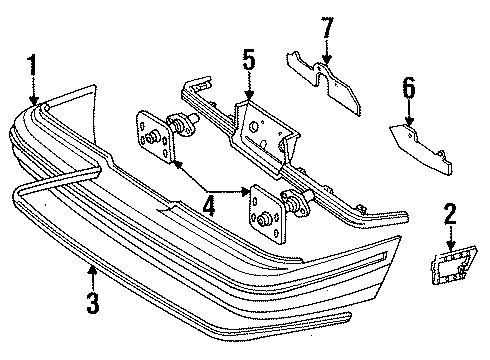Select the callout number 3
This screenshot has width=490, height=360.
[92, 301]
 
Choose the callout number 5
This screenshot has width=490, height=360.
[248, 62]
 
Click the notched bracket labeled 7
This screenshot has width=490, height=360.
[325, 83]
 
